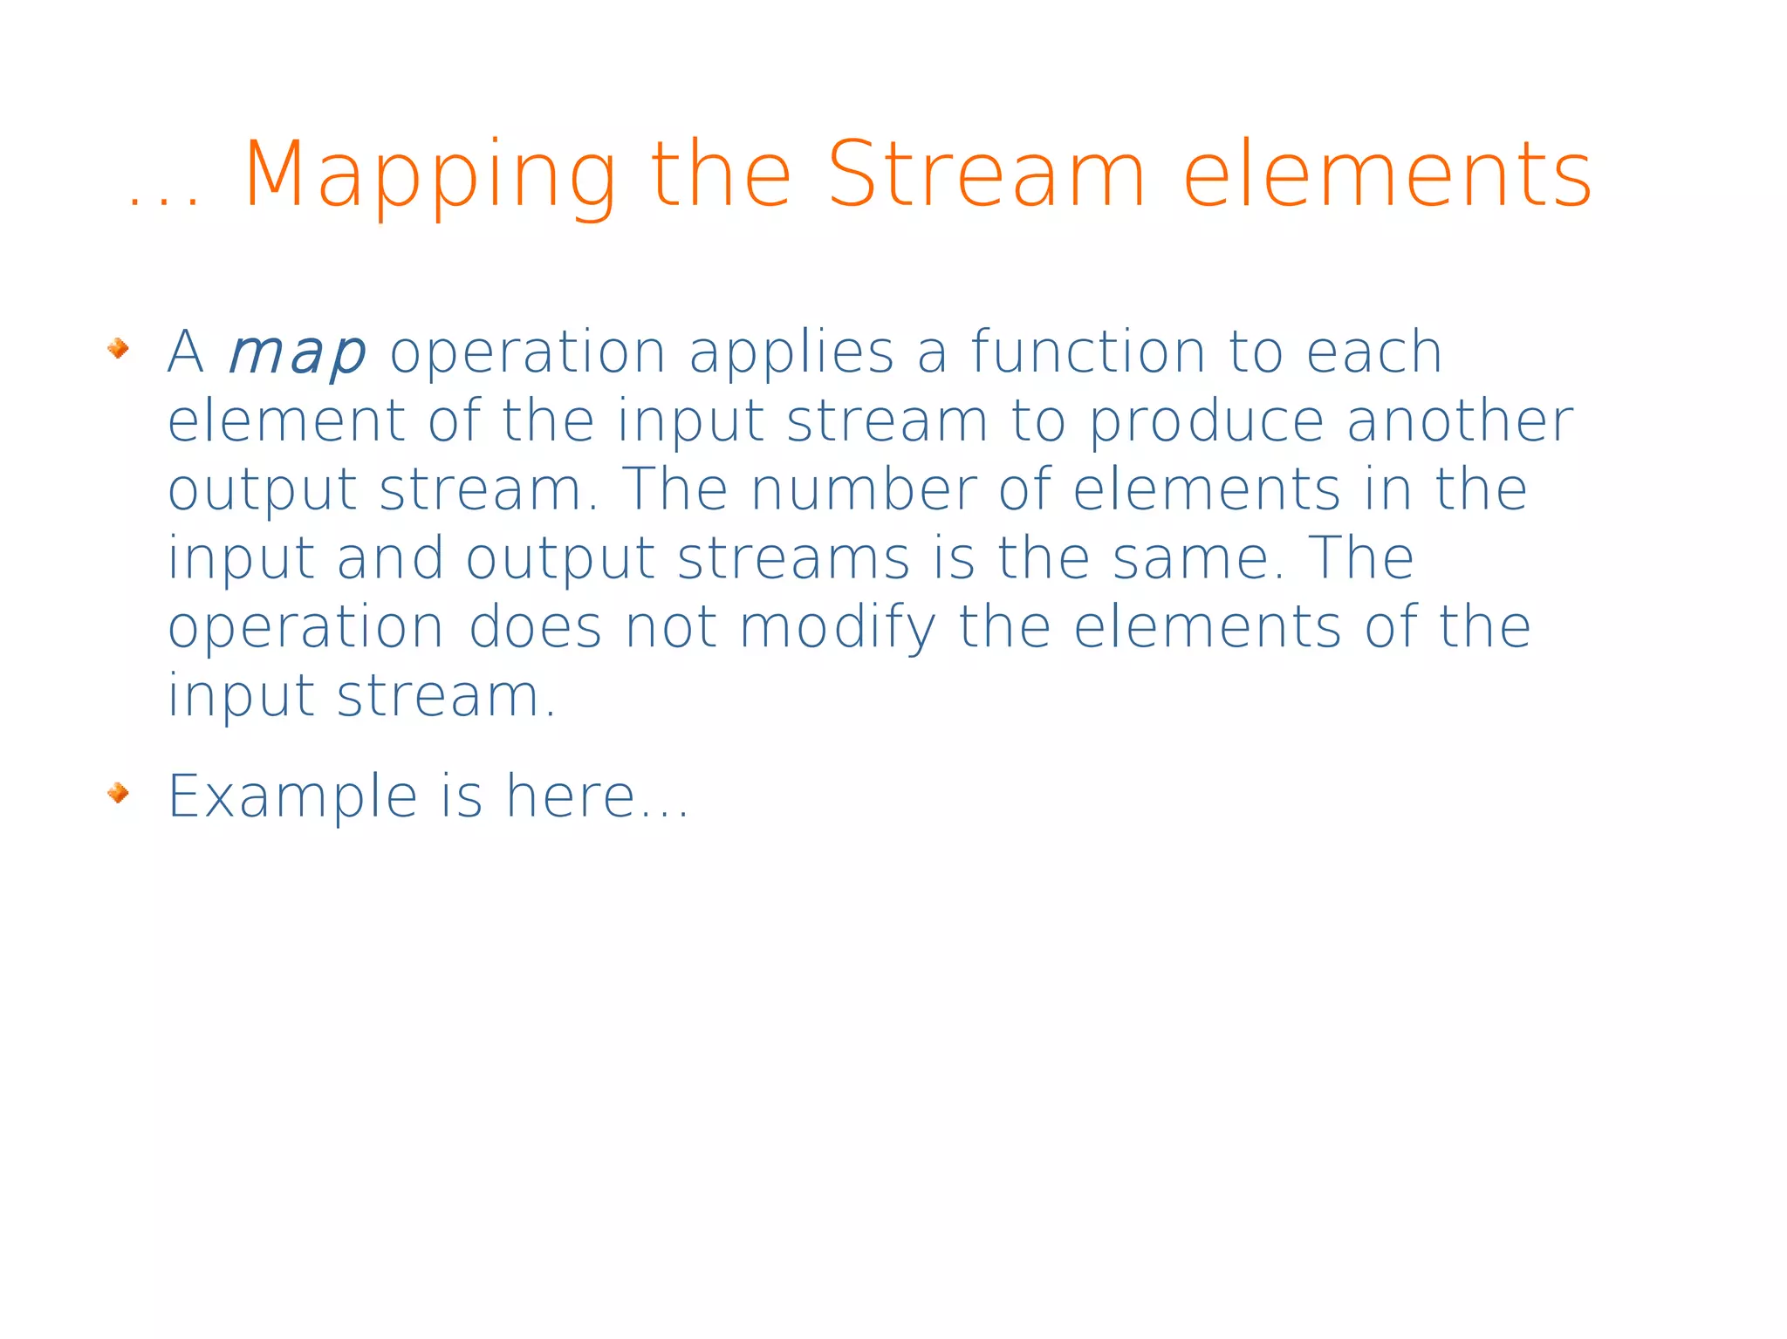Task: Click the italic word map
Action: [296, 353]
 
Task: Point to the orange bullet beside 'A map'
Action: [118, 349]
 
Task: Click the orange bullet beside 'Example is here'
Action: [118, 793]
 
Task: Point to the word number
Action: [863, 489]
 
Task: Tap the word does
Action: [535, 627]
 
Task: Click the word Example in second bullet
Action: [293, 797]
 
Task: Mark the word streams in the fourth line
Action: [793, 559]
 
